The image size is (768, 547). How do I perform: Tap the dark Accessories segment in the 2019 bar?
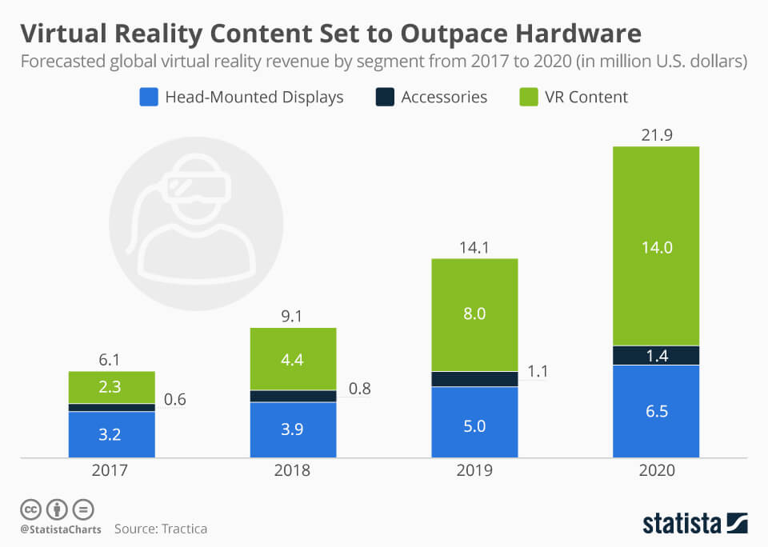coord(474,379)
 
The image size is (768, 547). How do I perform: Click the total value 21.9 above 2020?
coord(656,135)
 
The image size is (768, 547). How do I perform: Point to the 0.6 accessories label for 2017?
coord(175,400)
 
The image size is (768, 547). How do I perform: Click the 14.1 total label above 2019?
coord(474,247)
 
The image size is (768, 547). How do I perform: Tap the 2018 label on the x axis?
coord(293,471)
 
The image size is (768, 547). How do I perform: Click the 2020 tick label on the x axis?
coord(656,471)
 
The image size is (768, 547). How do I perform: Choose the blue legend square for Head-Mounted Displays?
coord(148,98)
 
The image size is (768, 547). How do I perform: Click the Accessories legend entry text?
coord(444,98)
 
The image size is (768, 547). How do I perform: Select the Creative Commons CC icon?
coord(30,509)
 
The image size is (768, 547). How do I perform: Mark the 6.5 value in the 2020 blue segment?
coord(656,412)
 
